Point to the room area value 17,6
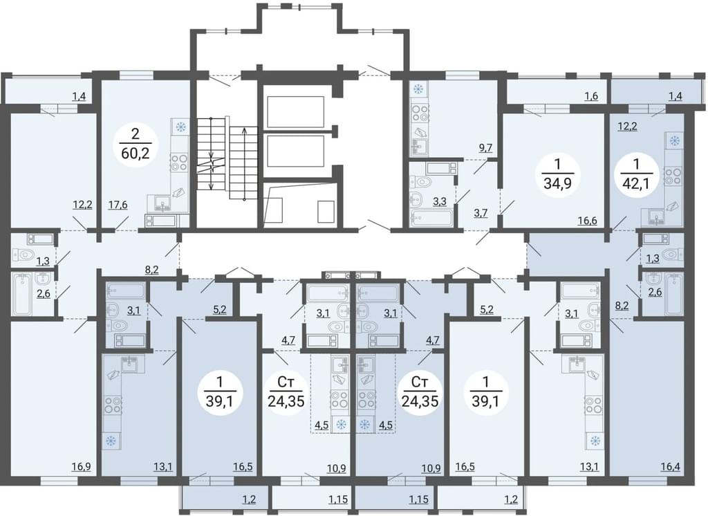pyautogui.click(x=118, y=205)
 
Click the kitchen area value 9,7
pyautogui.click(x=485, y=148)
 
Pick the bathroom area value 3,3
pyautogui.click(x=440, y=201)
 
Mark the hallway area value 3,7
pyautogui.click(x=480, y=213)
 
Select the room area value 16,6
pyautogui.click(x=588, y=221)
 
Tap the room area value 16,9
pyautogui.click(x=82, y=466)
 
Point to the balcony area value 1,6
pyautogui.click(x=591, y=95)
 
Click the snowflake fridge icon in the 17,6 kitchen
pyautogui.click(x=181, y=127)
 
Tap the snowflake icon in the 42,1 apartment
pyautogui.click(x=675, y=141)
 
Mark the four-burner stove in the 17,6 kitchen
pyautogui.click(x=179, y=163)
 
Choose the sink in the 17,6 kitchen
pyautogui.click(x=162, y=203)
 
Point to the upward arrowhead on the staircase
pyautogui.click(x=244, y=131)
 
